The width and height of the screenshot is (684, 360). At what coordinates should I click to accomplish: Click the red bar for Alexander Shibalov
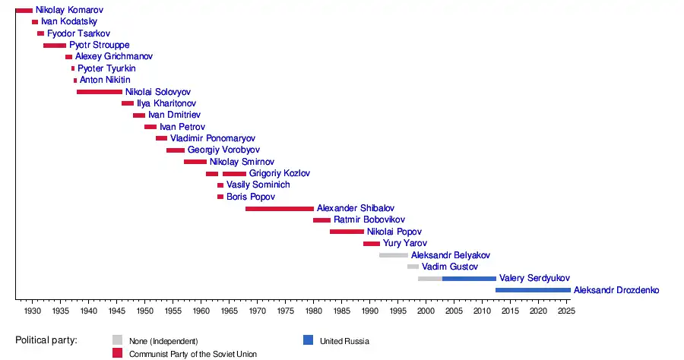coord(279,209)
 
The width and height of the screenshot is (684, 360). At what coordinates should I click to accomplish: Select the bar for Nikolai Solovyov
coord(99,92)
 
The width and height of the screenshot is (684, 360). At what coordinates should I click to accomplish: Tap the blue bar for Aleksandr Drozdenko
coord(533,290)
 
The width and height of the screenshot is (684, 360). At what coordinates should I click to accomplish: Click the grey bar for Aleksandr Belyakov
coord(394,255)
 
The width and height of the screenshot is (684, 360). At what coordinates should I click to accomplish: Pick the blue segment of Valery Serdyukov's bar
coord(469,279)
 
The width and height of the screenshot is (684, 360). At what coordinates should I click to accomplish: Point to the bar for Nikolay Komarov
coord(24,11)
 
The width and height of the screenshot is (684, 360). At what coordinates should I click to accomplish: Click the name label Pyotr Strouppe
coord(99,46)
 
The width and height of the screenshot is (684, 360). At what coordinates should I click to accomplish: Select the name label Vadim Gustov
coord(450,267)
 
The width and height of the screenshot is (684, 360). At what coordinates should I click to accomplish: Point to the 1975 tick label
coord(285,311)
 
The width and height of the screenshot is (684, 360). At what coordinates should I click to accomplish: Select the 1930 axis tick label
coord(32,311)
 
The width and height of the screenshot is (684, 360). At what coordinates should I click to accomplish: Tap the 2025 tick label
coord(566,311)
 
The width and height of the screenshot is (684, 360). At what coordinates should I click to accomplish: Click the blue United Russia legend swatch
coord(307,340)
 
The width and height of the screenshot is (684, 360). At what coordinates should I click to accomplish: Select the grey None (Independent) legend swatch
coord(117,340)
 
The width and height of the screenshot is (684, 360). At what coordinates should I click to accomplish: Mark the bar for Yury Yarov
coord(371,244)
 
